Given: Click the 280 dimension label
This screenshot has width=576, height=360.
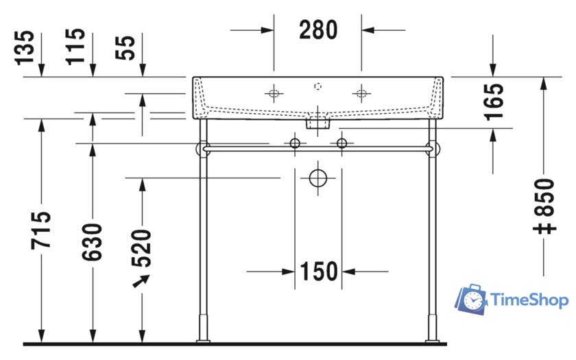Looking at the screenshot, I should click(318, 29).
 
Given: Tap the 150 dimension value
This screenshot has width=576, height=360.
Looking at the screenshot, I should click(318, 272).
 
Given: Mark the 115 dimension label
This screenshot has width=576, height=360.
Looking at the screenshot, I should click(77, 47).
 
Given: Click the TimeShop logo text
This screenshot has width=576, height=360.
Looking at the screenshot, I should click(528, 300).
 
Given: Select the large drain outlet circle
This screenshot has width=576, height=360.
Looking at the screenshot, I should click(318, 178).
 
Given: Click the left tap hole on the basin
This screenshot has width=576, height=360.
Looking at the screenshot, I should click(274, 94).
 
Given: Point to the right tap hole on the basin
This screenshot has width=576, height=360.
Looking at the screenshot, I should click(361, 94).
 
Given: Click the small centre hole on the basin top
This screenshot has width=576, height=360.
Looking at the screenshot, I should click(317, 86).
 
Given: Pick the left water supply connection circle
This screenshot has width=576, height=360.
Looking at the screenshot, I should click(295, 143).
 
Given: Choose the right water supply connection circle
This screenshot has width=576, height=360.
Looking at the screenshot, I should click(341, 143).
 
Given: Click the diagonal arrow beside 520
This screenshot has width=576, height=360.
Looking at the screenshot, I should click(141, 281).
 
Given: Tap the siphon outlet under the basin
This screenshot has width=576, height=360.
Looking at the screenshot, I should click(317, 124).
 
